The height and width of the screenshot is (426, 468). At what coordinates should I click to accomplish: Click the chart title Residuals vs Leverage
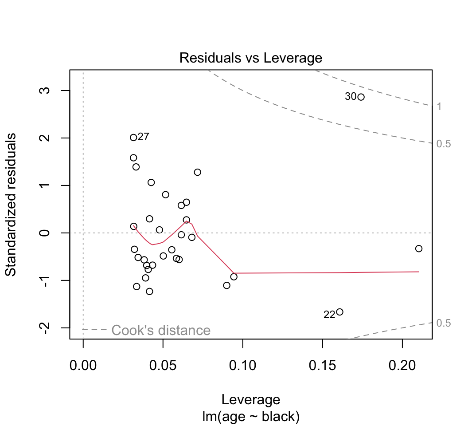click(x=250, y=58)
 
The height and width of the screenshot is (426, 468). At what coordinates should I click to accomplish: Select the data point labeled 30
click(x=361, y=97)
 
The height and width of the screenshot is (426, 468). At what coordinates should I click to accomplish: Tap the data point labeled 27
click(x=133, y=138)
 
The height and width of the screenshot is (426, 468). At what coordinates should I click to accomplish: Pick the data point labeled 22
click(x=339, y=312)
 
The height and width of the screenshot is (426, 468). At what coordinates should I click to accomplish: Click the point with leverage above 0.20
click(x=419, y=248)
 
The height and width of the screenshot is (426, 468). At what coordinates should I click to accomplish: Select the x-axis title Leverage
click(x=251, y=400)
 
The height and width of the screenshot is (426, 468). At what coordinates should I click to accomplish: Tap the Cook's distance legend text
click(x=160, y=330)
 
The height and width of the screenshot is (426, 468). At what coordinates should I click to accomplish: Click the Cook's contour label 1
click(x=439, y=106)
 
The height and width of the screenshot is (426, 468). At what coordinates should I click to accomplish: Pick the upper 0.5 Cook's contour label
click(x=443, y=144)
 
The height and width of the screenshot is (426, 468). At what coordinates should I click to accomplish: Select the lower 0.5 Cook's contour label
click(x=443, y=323)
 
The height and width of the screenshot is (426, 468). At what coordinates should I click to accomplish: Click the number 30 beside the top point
click(x=350, y=97)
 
